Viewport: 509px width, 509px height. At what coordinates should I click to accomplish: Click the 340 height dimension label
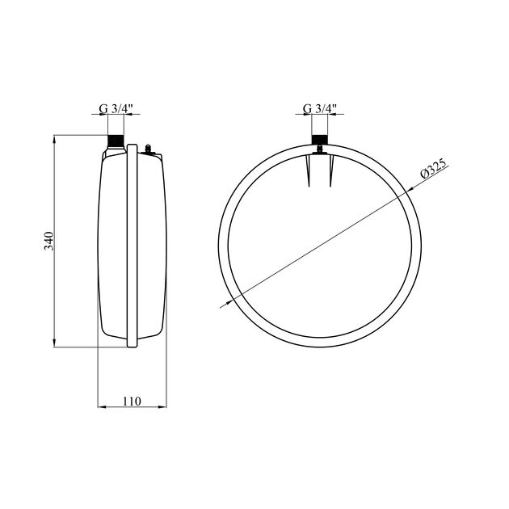48,241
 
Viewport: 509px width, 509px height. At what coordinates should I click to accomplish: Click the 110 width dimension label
133,402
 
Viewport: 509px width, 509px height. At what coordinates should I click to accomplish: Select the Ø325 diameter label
434,168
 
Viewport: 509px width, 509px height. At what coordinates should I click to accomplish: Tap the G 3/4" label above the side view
116,109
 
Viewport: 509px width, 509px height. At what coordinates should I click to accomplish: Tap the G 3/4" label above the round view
320,109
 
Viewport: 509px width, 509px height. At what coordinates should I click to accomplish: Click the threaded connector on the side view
116,141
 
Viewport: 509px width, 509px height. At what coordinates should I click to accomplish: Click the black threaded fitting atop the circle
320,139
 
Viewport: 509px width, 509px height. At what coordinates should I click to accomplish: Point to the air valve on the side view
148,149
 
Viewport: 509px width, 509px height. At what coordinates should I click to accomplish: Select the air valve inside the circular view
320,150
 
